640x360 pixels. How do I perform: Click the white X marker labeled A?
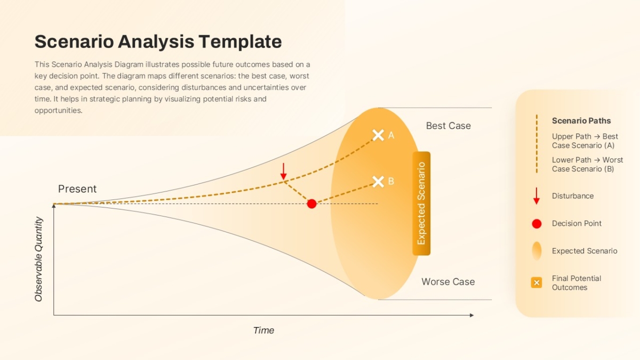[378, 135]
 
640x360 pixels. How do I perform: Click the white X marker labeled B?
[378, 182]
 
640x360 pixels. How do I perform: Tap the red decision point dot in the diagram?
[311, 204]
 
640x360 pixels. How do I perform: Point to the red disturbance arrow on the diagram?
[283, 171]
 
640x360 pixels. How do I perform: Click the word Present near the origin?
[77, 189]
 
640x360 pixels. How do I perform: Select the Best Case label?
[449, 126]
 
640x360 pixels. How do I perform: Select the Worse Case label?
[448, 282]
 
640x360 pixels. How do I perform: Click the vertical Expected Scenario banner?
[421, 203]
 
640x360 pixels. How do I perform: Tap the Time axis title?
[263, 330]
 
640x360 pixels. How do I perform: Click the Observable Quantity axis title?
[38, 259]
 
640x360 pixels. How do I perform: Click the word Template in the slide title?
[241, 42]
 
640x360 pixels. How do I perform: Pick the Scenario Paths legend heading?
[581, 121]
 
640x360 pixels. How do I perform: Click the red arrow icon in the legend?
[537, 196]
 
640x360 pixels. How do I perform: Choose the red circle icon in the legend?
[537, 223]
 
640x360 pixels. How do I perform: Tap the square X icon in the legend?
[537, 283]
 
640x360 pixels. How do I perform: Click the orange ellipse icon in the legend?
[537, 251]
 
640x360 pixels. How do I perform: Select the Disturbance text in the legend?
[573, 196]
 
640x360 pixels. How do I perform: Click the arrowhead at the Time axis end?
[471, 315]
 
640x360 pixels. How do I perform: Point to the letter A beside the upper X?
[391, 135]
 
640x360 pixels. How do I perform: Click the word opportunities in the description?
[58, 110]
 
